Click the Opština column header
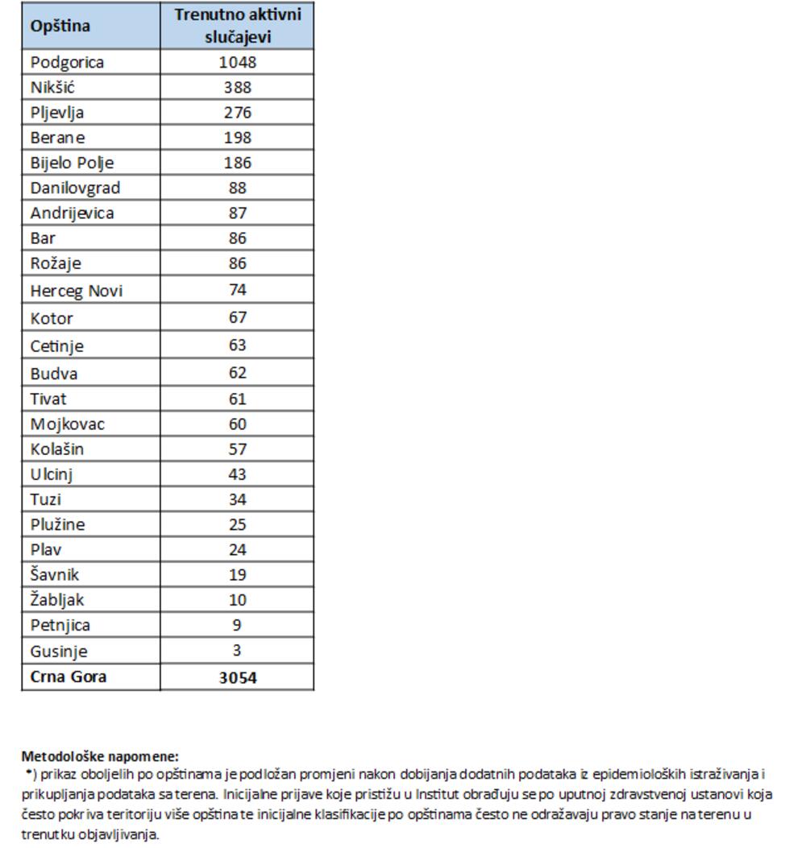60,26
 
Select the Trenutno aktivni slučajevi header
237,26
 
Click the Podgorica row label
67,62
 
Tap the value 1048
237,62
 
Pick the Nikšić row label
52,87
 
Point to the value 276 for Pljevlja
237,112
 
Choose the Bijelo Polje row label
72,163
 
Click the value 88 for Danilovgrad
237,188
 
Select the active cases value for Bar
237,238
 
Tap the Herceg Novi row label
77,291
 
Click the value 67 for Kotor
237,317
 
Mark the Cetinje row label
56,346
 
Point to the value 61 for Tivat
237,399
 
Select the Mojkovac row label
67,424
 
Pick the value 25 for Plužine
237,524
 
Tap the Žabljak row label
56,600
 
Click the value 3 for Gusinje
237,651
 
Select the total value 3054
237,677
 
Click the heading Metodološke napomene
100,756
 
